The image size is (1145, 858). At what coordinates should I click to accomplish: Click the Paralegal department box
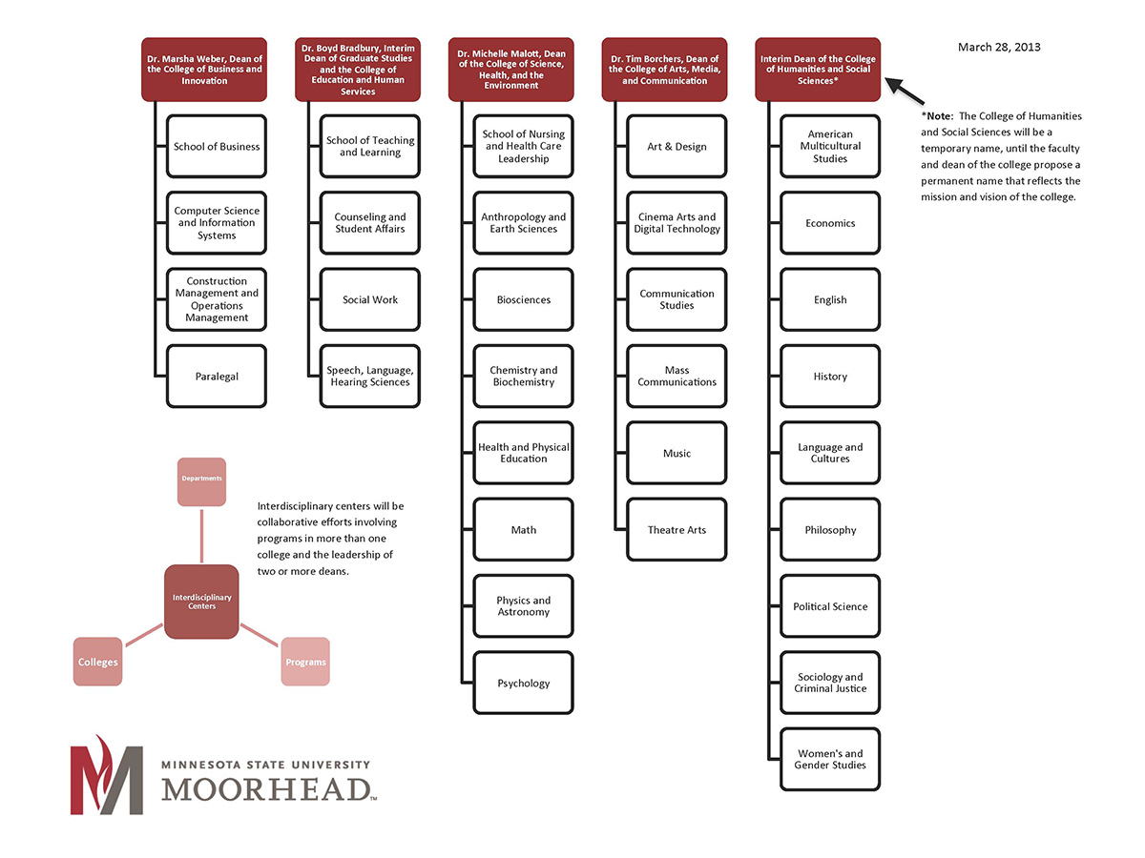click(x=217, y=377)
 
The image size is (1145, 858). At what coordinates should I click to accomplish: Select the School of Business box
click(x=217, y=147)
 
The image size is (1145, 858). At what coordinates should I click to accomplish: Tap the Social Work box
click(x=370, y=300)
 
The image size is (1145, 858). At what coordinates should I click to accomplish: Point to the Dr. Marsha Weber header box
click(x=204, y=70)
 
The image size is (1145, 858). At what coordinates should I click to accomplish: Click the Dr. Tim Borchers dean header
click(x=664, y=70)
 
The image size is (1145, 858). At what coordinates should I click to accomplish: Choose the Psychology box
click(x=524, y=684)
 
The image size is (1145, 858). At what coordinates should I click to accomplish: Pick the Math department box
click(x=524, y=530)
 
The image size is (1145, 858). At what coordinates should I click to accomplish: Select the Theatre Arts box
click(x=677, y=530)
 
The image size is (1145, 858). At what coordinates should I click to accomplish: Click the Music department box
click(x=677, y=454)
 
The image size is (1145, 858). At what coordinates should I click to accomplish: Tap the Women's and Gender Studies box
click(x=830, y=760)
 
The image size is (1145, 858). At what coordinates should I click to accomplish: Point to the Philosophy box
click(x=830, y=530)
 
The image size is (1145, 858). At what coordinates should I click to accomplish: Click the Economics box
click(x=830, y=223)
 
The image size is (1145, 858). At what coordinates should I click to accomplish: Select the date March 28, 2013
click(x=998, y=47)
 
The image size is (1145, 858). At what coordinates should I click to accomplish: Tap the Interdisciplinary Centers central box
click(x=201, y=602)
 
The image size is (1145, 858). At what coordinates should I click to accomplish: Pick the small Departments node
click(x=201, y=480)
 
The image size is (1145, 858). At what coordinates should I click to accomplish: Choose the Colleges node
click(x=97, y=662)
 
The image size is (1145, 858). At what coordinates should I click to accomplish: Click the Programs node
click(x=305, y=662)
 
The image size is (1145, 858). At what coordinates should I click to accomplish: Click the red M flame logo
click(x=106, y=774)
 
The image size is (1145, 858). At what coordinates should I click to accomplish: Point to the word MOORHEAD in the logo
click(x=265, y=789)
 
